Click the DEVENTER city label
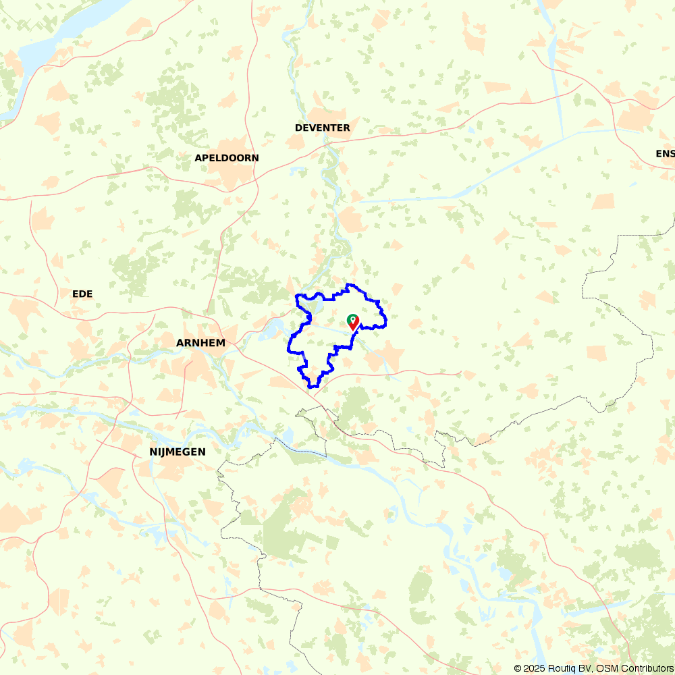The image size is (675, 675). (x=323, y=128)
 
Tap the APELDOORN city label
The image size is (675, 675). (x=226, y=158)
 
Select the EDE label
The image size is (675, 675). (x=82, y=294)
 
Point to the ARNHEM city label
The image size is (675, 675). (x=200, y=343)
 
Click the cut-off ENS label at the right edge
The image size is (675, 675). (x=665, y=154)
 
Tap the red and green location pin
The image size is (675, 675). (x=352, y=322)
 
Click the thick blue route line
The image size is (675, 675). (x=290, y=344)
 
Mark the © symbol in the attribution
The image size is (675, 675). (x=518, y=668)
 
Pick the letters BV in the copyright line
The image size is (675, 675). (x=590, y=668)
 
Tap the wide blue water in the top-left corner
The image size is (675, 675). (x=54, y=40)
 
